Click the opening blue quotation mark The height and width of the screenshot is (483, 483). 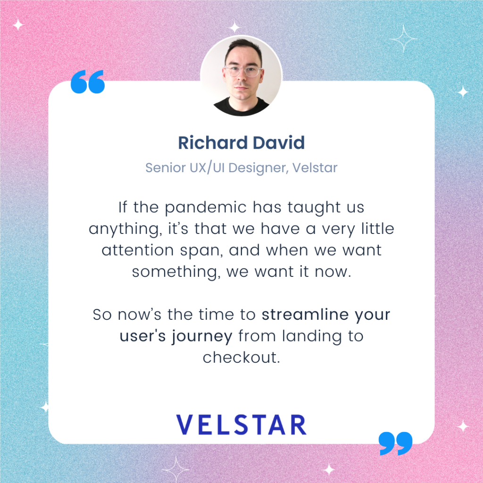click(87, 83)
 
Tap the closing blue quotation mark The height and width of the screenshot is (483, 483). click(395, 443)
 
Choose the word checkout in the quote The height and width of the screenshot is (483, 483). click(241, 358)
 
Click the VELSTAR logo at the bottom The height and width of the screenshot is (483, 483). click(241, 425)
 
